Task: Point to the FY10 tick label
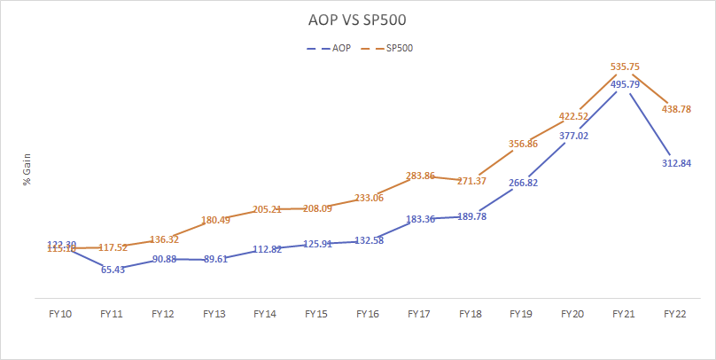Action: click(x=61, y=314)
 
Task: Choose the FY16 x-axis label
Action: click(x=367, y=314)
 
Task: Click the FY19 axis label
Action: click(x=520, y=314)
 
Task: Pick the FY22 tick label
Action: click(x=673, y=314)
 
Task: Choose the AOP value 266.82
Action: click(x=520, y=183)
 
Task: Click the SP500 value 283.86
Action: click(x=418, y=176)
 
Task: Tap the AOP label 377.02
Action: click(x=572, y=136)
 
